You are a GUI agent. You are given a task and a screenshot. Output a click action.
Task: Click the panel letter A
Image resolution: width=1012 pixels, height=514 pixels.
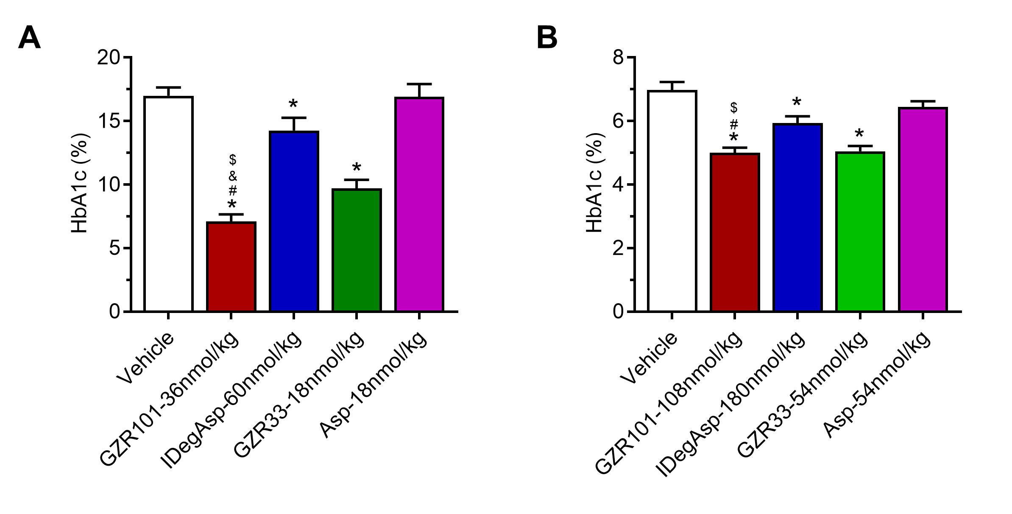[x=29, y=38]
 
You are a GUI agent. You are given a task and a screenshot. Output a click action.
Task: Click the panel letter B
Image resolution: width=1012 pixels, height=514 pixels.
[x=547, y=38]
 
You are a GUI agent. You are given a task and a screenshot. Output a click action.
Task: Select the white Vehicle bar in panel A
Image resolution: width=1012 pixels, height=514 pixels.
[x=168, y=204]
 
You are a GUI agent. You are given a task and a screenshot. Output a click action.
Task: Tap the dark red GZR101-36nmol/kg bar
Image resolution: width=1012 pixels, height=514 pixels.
[x=231, y=267]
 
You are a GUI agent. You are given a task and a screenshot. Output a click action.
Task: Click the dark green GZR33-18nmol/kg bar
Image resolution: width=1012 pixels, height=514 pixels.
[x=357, y=250]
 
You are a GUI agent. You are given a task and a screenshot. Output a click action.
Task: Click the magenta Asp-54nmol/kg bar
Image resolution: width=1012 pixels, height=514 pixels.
[x=923, y=210]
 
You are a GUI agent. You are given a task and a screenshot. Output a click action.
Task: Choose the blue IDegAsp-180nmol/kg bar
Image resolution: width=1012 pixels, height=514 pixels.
[x=797, y=218]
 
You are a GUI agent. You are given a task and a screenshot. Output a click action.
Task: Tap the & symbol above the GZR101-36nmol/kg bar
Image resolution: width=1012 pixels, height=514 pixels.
[x=232, y=176]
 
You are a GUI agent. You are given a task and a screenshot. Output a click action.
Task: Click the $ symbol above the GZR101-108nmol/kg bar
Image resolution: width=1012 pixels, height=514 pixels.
[x=734, y=108]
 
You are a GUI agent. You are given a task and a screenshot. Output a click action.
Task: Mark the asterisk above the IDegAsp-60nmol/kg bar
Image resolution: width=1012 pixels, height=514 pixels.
[x=293, y=104]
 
